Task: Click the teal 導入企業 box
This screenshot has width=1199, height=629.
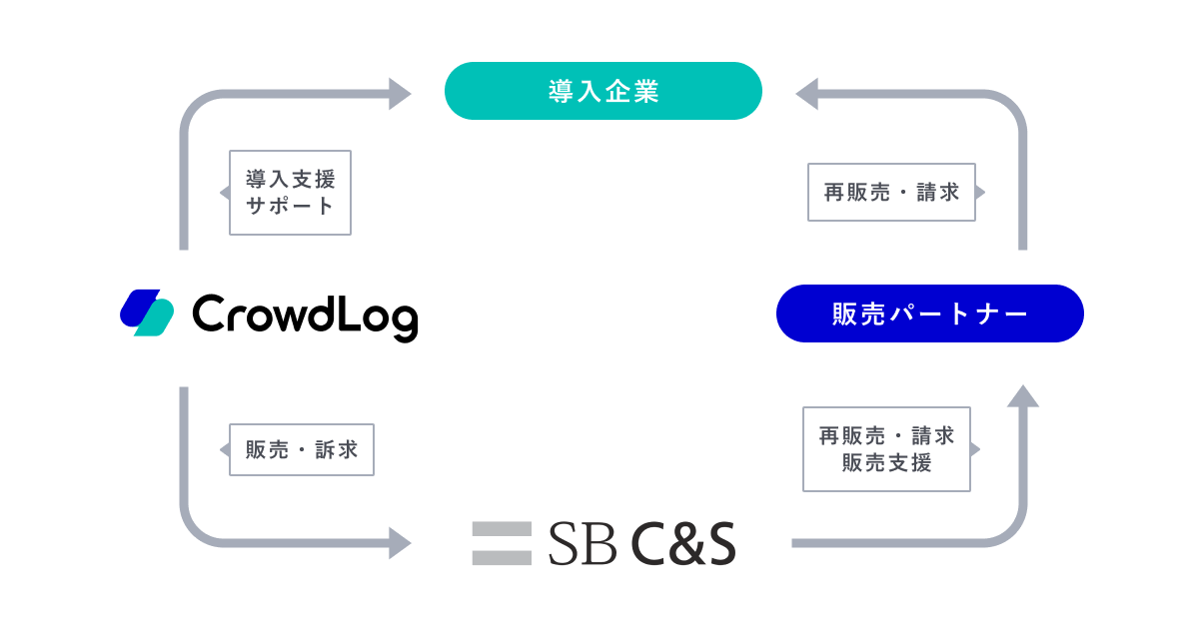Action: [602, 91]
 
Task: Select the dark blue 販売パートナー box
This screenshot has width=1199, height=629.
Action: [929, 314]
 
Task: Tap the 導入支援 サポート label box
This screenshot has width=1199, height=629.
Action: [290, 193]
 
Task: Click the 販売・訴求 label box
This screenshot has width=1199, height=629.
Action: [301, 449]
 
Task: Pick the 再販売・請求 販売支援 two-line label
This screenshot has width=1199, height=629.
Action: [886, 449]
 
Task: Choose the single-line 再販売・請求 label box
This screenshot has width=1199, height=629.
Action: [891, 193]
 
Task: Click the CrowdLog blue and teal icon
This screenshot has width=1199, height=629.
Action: [147, 313]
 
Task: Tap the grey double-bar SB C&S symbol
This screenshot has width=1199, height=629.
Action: [502, 542]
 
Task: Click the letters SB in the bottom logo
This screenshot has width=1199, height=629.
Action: [582, 544]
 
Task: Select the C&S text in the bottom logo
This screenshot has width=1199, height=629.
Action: [683, 544]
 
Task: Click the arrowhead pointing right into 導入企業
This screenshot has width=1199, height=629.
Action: [400, 94]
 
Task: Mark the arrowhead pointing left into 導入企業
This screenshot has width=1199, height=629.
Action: [806, 94]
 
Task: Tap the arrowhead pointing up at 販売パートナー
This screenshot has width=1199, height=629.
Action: [1022, 396]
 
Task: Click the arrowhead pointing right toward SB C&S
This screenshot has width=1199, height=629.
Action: [400, 543]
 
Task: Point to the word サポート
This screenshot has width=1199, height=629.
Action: [290, 206]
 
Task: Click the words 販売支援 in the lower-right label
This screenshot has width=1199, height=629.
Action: [886, 462]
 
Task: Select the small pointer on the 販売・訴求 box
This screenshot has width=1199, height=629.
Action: [225, 449]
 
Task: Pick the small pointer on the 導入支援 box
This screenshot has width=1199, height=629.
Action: [225, 193]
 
